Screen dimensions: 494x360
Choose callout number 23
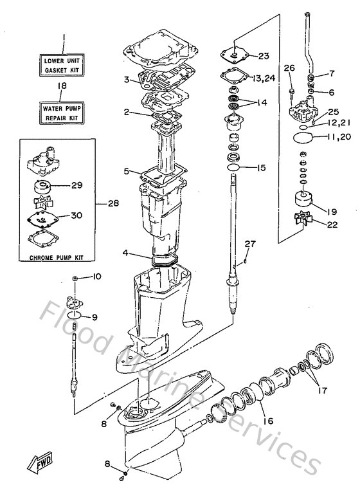tap(265, 55)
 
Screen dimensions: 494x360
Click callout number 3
tap(127, 80)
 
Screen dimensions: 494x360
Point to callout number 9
tap(94, 316)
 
